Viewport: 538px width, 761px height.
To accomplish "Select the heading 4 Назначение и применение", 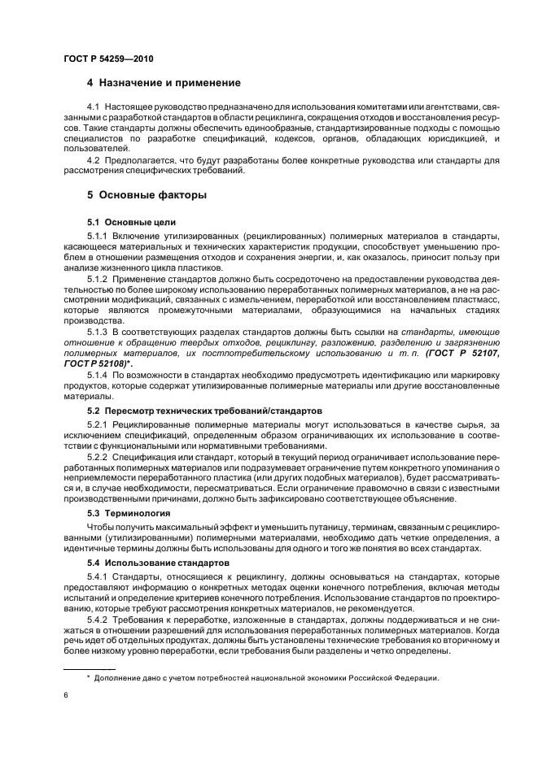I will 164,83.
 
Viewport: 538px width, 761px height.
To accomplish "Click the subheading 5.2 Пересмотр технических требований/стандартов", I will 205,411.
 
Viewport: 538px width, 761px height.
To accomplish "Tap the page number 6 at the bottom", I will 65,695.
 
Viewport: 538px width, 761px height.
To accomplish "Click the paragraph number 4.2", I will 95,159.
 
